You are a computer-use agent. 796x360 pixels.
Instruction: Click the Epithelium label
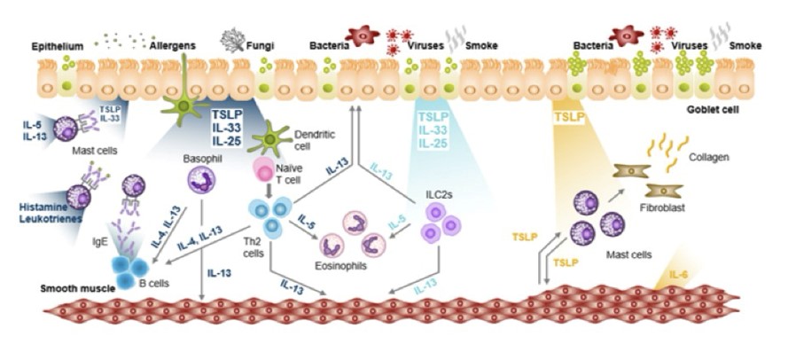pos(57,44)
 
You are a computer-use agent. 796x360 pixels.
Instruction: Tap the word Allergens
pos(174,44)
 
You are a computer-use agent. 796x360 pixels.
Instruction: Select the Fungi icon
pos(233,39)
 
